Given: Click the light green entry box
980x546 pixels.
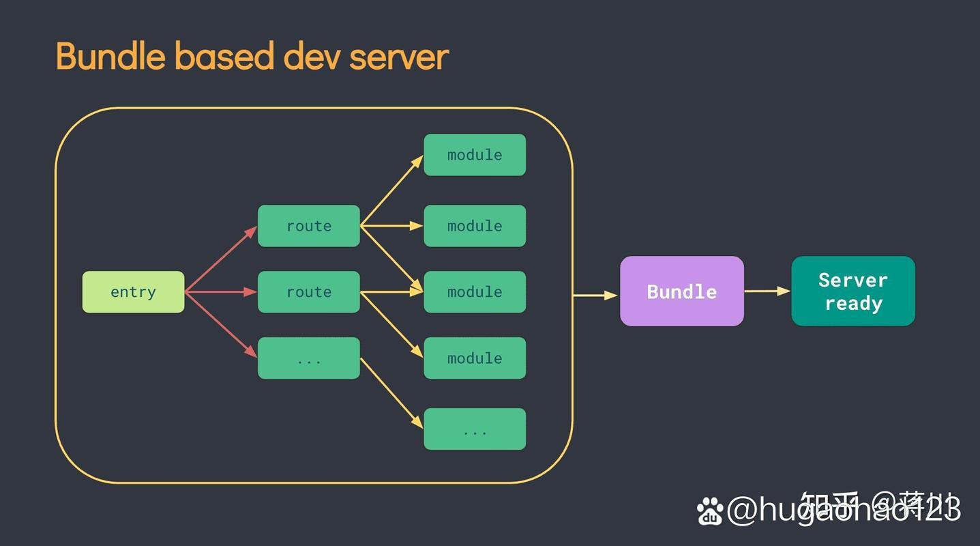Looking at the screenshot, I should click(133, 292).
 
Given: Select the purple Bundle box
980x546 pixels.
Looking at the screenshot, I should click(681, 291).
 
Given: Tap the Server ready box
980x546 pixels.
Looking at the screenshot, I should click(852, 291).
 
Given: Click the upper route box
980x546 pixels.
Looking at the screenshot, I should click(308, 226).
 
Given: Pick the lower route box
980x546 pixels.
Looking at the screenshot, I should click(308, 292).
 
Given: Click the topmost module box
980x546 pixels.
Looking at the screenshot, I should click(475, 155).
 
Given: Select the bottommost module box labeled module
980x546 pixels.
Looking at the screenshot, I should click(475, 358).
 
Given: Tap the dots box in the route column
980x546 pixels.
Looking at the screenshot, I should click(308, 358).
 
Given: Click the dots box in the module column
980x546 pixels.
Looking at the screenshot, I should click(475, 429).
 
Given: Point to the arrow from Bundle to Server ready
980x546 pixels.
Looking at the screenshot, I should click(767, 291).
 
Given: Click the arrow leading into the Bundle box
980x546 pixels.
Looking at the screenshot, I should click(595, 296).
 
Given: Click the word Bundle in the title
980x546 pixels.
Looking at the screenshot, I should click(110, 56).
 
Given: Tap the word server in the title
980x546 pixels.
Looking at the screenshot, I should click(399, 56).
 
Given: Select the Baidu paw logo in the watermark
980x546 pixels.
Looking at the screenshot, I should click(710, 511).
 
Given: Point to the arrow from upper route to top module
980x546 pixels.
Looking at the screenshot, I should click(392, 190).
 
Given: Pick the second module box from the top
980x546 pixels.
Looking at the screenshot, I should click(475, 226).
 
